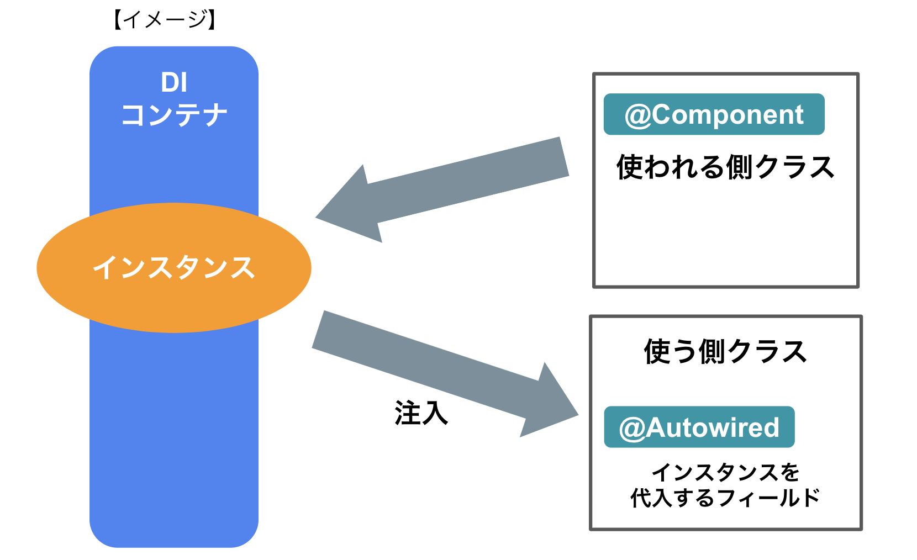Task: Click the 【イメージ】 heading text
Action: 165,20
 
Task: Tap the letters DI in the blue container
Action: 174,83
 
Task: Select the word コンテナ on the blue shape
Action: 174,115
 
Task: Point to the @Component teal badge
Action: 714,114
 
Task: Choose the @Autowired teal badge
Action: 699,427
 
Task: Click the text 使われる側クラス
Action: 725,167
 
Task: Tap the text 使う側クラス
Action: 725,351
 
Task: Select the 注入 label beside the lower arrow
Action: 421,413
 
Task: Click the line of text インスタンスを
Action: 725,473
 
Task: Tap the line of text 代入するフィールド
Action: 725,498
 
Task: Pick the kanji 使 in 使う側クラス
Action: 657,351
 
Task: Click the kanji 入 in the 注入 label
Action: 434,413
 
